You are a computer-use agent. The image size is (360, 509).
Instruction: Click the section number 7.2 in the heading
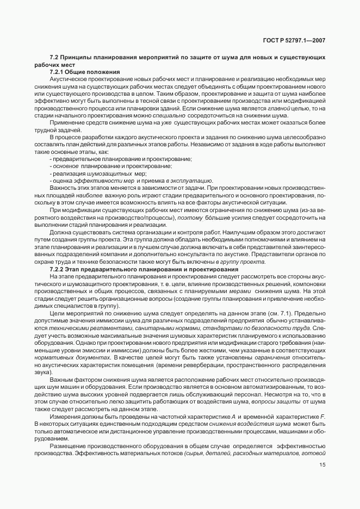pos(54,58)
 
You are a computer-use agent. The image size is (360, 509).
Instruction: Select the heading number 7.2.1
pos(58,72)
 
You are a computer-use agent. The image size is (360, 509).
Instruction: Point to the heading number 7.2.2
pos(58,269)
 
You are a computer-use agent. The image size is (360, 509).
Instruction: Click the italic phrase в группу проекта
pos(241,262)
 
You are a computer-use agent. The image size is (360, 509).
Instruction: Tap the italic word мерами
pos(244,291)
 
